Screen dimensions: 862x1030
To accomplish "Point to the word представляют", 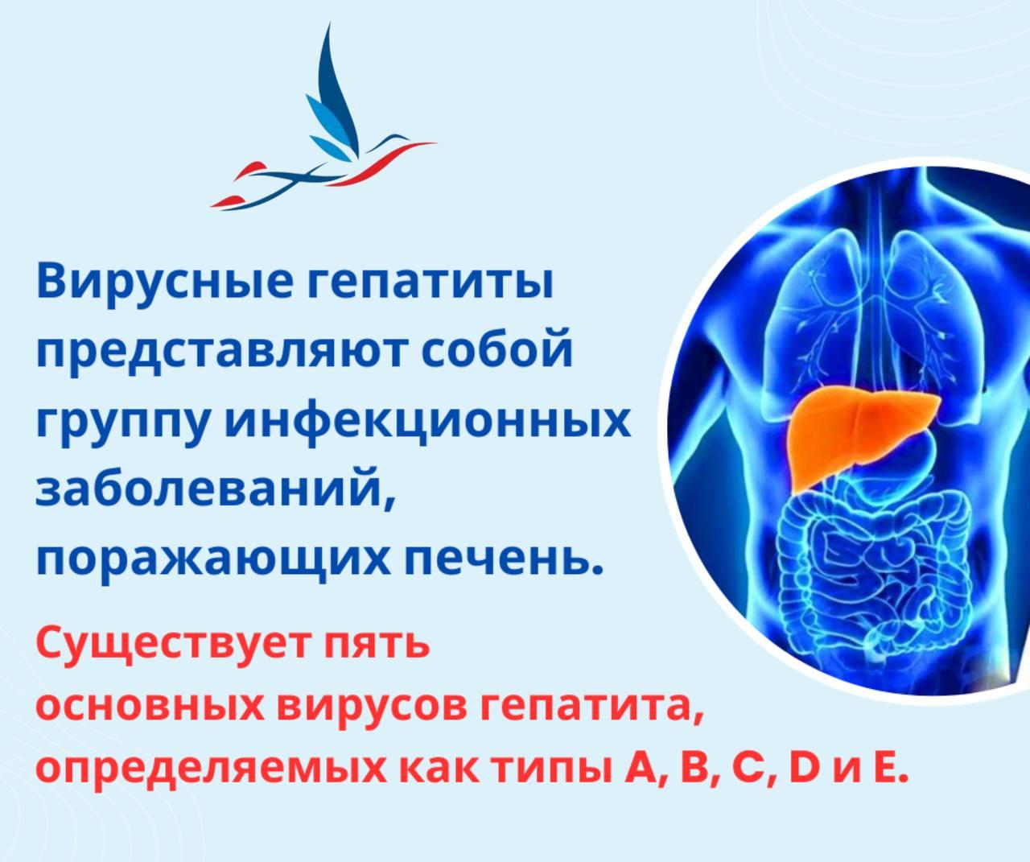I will pyautogui.click(x=218, y=353).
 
